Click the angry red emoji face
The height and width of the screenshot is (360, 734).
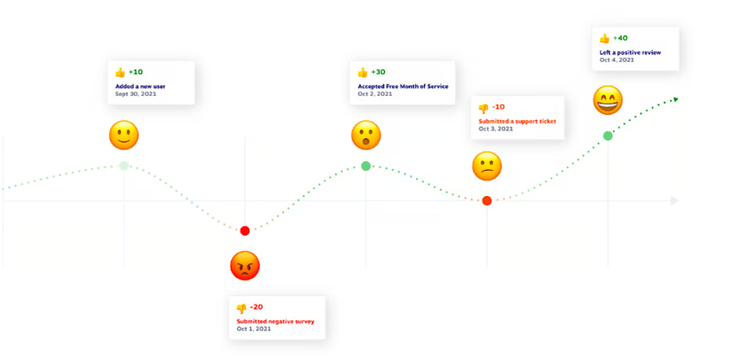pos(245,265)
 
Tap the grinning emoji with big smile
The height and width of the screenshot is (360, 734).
pos(608,100)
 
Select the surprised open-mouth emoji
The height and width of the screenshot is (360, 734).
pos(365,135)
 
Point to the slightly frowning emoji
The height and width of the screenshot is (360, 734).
pos(487,167)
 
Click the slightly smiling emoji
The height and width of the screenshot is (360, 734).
pos(123,135)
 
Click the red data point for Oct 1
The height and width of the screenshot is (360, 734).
pos(245,231)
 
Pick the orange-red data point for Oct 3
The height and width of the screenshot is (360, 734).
pos(487,201)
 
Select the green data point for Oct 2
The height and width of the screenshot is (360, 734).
pos(366,166)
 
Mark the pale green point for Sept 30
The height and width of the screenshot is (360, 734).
pos(123,166)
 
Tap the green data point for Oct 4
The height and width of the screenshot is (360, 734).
pos(608,136)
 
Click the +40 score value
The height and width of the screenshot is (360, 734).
pos(620,38)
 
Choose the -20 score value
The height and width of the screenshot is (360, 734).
pos(256,307)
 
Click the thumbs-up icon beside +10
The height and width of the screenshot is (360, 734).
pos(120,73)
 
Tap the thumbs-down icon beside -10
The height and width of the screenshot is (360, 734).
pos(484,108)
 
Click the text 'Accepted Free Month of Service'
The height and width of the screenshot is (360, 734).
pos(403,86)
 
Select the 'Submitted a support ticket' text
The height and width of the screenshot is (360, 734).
pos(517,121)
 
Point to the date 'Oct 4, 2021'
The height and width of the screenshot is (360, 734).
pos(617,60)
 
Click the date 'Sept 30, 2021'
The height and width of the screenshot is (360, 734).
pos(136,93)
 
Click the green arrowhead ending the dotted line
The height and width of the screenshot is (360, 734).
pos(675,98)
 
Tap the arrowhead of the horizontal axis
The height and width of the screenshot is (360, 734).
pos(674,201)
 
